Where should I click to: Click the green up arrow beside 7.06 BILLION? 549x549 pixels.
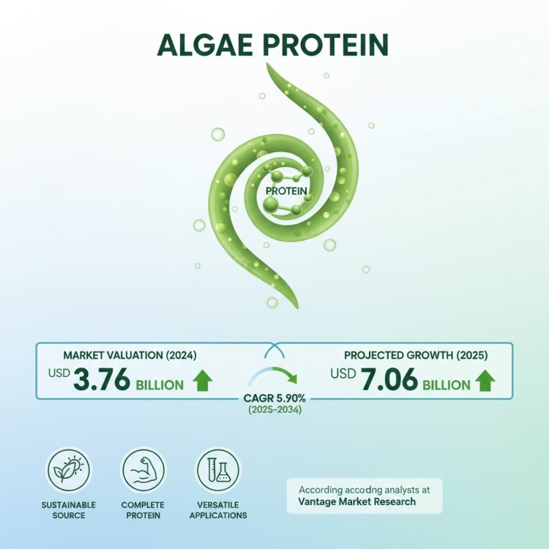click(x=485, y=381)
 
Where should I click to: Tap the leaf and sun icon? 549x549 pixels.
click(x=68, y=470)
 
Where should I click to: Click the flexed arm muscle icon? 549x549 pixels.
click(x=143, y=470)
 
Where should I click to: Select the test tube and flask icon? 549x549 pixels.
click(x=218, y=470)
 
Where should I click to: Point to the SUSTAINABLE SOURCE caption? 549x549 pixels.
click(x=68, y=510)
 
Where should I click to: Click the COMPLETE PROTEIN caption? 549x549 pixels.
click(x=143, y=510)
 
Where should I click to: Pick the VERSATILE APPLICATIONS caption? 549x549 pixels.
click(x=218, y=510)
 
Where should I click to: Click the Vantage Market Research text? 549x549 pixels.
click(x=356, y=501)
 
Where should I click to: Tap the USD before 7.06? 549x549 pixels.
click(x=342, y=374)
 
